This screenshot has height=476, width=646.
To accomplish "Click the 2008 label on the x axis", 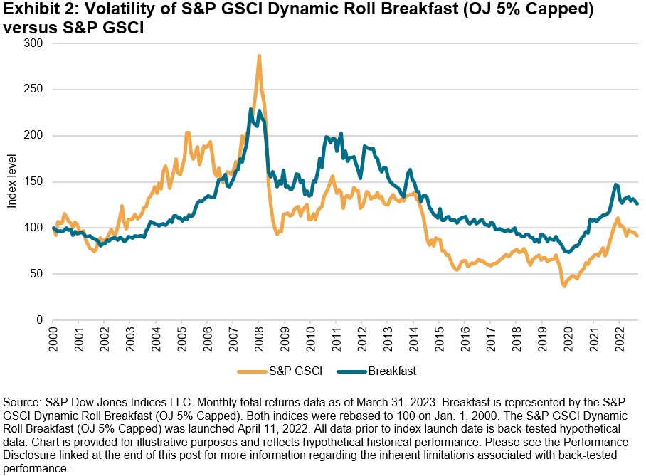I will point(258,337).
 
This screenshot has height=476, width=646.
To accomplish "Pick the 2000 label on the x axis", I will point(53,337).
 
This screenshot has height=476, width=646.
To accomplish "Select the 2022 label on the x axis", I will point(618,337).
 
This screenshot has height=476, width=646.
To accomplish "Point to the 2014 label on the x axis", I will point(413,337).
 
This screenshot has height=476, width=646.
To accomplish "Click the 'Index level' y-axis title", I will point(12,181).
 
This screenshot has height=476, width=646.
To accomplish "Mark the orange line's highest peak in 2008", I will point(259,55).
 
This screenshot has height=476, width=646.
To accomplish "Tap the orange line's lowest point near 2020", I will point(564,286).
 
